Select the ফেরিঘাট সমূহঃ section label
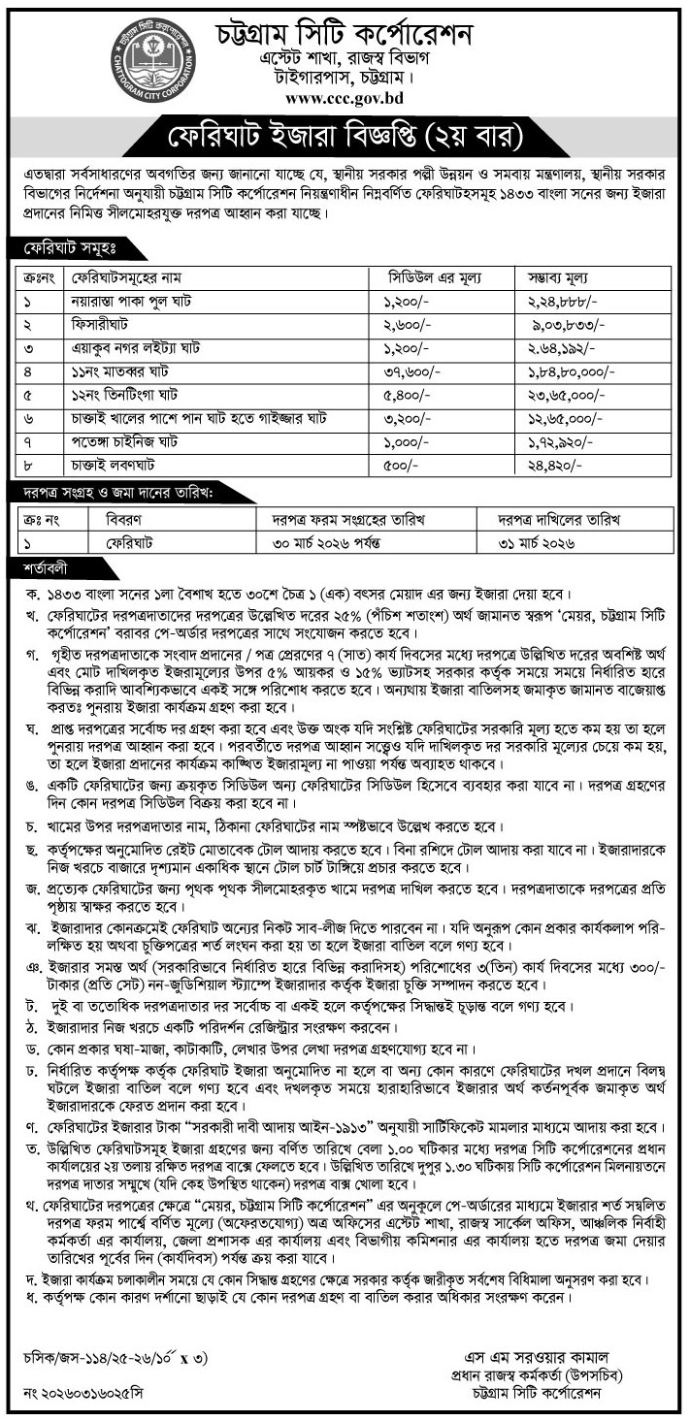point(60,249)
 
